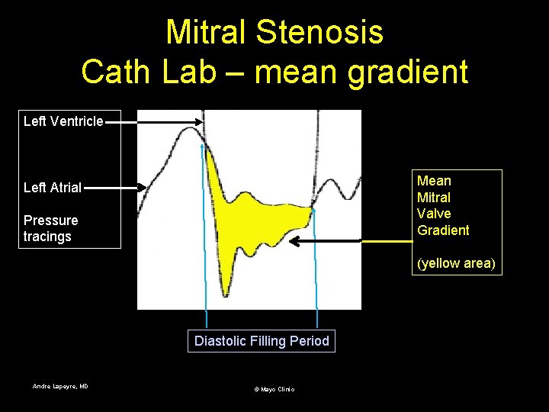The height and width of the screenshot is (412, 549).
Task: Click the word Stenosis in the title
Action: (x=319, y=32)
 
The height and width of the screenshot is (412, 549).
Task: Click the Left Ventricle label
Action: (x=63, y=121)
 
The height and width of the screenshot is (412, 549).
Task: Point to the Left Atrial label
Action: (x=53, y=187)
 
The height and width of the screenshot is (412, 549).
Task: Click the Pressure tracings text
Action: (x=50, y=228)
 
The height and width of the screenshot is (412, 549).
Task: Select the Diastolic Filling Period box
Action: (x=262, y=341)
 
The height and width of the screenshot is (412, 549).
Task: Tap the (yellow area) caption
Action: (x=456, y=263)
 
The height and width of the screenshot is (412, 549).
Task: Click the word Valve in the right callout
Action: (x=434, y=214)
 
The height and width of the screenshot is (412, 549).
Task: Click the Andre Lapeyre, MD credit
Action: (x=60, y=387)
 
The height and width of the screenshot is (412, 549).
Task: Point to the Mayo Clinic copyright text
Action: (x=274, y=389)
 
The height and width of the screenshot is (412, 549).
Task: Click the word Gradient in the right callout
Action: (x=443, y=230)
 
